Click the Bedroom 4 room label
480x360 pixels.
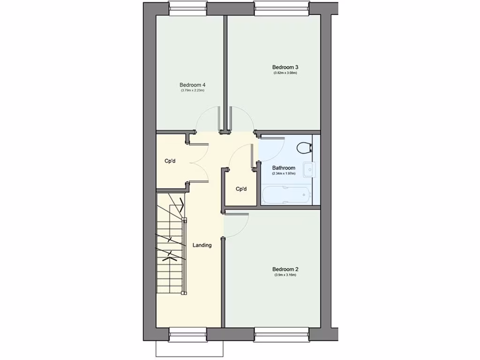pos(193,85)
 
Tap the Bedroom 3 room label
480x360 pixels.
pos(285,67)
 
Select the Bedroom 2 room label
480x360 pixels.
pos(285,269)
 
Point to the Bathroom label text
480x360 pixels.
pos(284,168)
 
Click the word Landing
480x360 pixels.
pos(202,245)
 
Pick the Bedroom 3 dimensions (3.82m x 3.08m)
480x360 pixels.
pos(285,73)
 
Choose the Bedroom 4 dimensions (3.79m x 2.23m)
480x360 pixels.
pos(193,90)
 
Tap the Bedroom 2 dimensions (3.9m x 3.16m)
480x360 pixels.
pos(285,275)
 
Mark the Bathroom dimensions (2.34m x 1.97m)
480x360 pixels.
pos(284,173)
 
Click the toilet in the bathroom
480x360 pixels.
pos(304,148)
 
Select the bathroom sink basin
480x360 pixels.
pos(308,170)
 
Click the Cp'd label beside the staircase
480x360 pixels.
pos(170,161)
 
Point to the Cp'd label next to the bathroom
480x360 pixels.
pos(241,189)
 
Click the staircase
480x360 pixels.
pos(171,244)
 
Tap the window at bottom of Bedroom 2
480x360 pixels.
pos(281,334)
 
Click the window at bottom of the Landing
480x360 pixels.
pos(188,334)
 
